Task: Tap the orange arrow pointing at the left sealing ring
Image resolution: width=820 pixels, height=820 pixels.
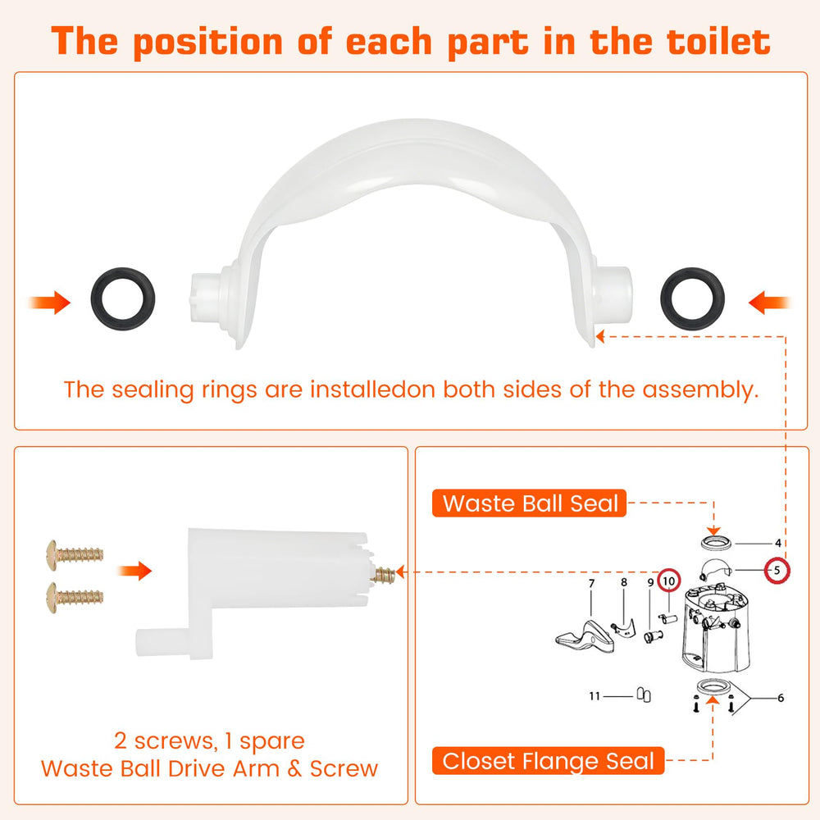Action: coord(50,303)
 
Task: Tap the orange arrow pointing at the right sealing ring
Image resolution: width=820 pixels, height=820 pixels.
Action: coord(769,303)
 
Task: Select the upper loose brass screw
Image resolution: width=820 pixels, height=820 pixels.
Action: coord(75,555)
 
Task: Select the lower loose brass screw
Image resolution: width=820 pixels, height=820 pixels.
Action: coord(75,597)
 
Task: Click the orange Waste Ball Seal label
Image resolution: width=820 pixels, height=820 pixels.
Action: coord(529,503)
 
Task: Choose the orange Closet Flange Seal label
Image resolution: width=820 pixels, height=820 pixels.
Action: coord(548,761)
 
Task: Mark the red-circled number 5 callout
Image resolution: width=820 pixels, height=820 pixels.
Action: coord(777,570)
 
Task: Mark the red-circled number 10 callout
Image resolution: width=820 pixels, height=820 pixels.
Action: coord(669,581)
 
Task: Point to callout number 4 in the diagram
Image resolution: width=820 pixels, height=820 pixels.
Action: coord(778,544)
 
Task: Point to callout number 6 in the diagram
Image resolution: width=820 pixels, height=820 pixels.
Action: coord(781,698)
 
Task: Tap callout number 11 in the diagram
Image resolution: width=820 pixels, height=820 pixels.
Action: coord(594,696)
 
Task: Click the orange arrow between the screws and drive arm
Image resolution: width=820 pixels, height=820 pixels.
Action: coord(134,571)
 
